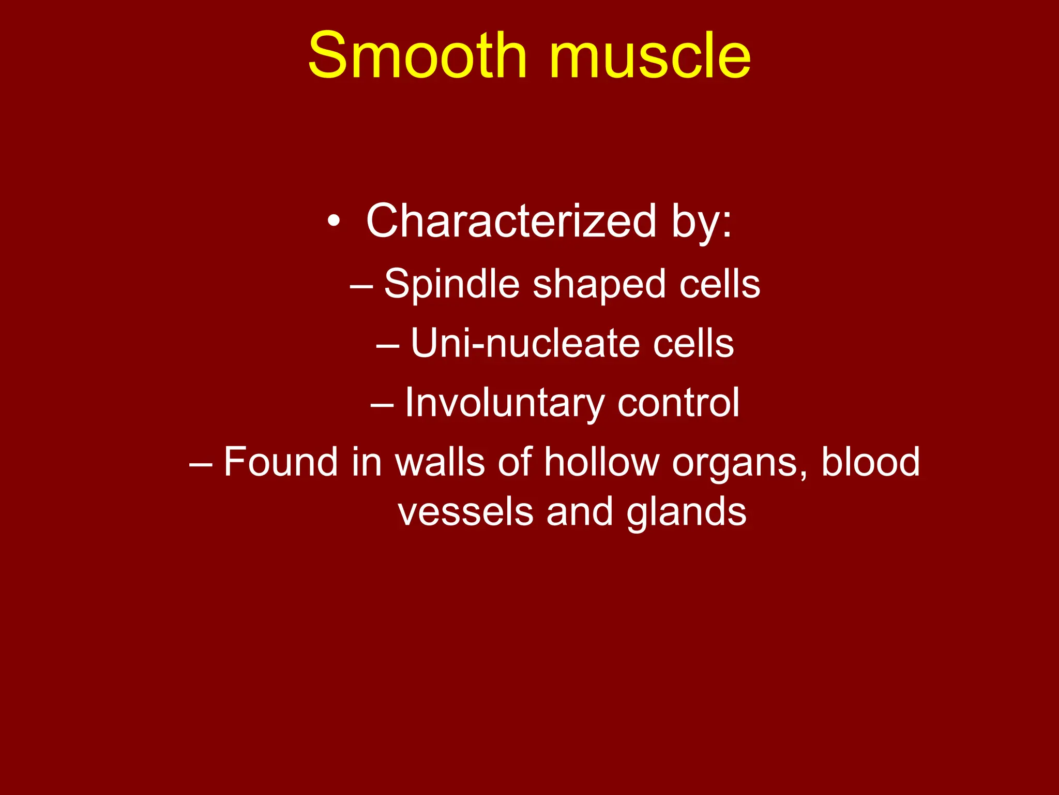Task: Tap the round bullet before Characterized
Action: (x=334, y=222)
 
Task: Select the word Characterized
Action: (x=511, y=221)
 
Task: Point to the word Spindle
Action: (x=451, y=285)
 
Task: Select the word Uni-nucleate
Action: (x=524, y=344)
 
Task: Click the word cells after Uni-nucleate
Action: (x=693, y=344)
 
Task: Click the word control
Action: (x=678, y=403)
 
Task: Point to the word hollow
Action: (x=601, y=462)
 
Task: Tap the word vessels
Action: (x=465, y=511)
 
